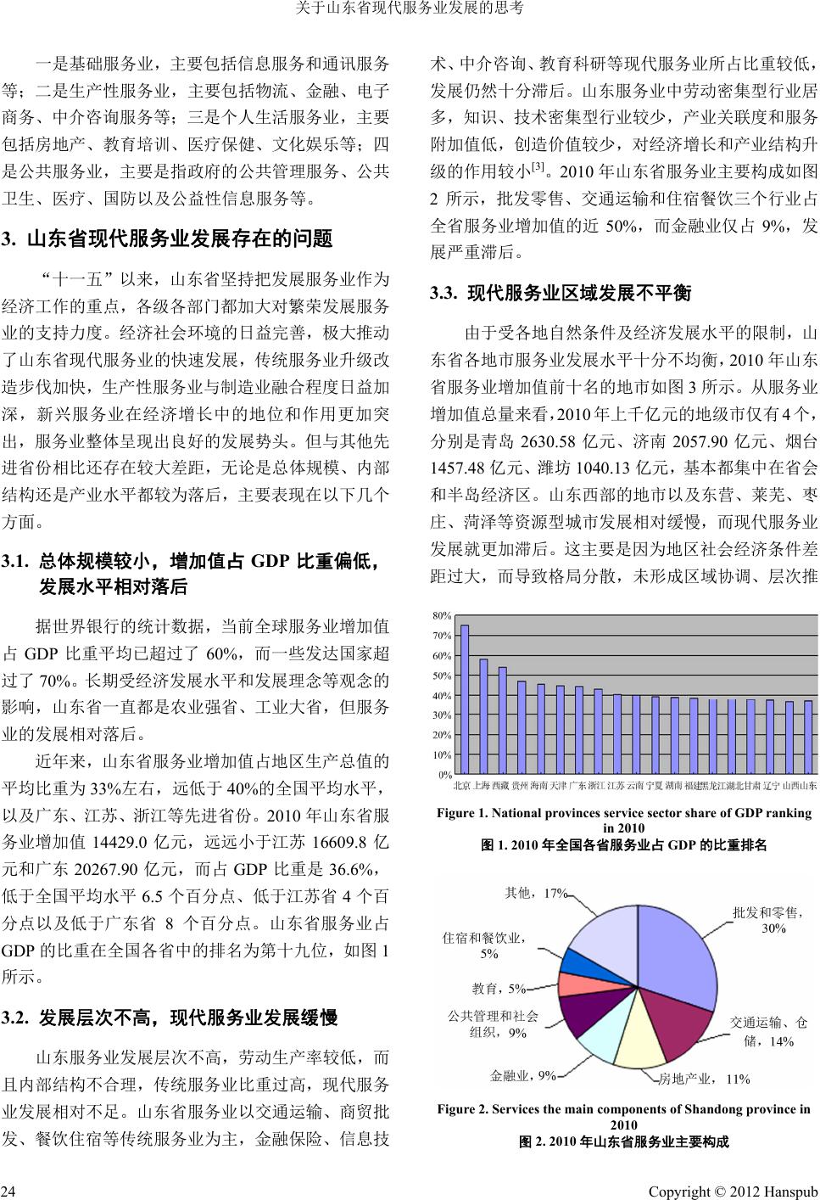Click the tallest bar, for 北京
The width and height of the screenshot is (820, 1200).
pyautogui.click(x=464, y=699)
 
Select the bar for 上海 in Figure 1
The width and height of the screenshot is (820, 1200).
pyautogui.click(x=483, y=716)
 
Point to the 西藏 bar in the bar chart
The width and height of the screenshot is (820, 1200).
pyautogui.click(x=502, y=721)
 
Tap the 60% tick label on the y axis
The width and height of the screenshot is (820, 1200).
pyautogui.click(x=441, y=656)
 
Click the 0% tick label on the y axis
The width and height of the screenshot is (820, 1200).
pyautogui.click(x=444, y=775)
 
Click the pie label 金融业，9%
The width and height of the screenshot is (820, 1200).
pyautogui.click(x=522, y=1076)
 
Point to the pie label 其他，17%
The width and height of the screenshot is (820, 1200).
pyautogui.click(x=535, y=892)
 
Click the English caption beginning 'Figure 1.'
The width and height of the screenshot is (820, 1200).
pyautogui.click(x=623, y=820)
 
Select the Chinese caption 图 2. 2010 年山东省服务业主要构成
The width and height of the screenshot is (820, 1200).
pyautogui.click(x=623, y=1142)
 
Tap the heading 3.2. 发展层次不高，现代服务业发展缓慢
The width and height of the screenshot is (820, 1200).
pyautogui.click(x=170, y=1018)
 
